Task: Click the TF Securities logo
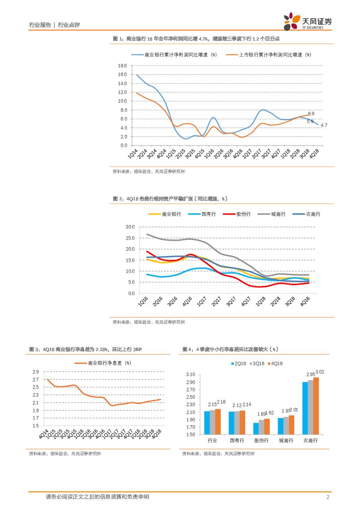pyautogui.click(x=308, y=21)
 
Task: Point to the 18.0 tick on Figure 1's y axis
pyautogui.click(x=122, y=65)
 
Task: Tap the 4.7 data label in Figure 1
pyautogui.click(x=324, y=125)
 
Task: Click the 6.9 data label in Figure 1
pyautogui.click(x=311, y=114)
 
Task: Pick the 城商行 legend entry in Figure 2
pyautogui.click(x=278, y=214)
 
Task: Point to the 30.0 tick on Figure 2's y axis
pyautogui.click(x=130, y=227)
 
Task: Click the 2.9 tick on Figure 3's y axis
pyautogui.click(x=36, y=371)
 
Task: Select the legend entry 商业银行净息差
pyautogui.click(x=109, y=363)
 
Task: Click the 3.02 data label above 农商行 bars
pyautogui.click(x=320, y=372)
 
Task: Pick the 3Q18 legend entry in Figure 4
pyautogui.click(x=259, y=364)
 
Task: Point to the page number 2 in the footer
pyautogui.click(x=327, y=497)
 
